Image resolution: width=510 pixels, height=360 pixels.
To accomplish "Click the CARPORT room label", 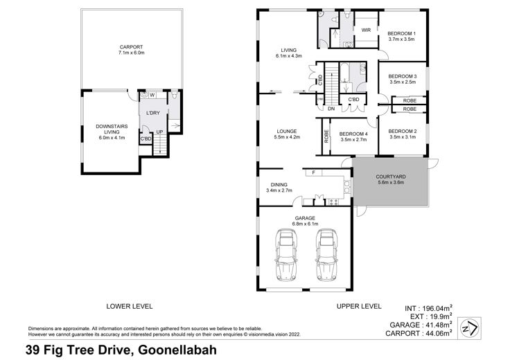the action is coord(131,47).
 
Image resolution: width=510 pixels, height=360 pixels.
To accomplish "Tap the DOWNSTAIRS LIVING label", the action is coord(112,129).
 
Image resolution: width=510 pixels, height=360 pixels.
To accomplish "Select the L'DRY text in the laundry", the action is coord(153,113).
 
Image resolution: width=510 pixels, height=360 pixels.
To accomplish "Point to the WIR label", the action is coord(366,30).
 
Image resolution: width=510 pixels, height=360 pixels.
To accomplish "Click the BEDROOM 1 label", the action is coord(401,33).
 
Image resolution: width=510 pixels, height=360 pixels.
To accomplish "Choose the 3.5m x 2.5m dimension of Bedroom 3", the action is coord(403,82).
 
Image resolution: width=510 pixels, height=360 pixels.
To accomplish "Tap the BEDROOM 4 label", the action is coord(353,134).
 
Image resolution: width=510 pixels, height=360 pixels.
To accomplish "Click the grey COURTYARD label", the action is coord(391,177).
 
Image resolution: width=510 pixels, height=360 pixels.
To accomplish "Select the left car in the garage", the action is coord(286,255).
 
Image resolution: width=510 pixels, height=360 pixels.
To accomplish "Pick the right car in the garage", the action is coord(326,255).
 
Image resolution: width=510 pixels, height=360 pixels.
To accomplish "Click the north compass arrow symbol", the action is coord(470,328).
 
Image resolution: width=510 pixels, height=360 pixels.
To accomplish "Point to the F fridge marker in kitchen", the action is coord(313,172).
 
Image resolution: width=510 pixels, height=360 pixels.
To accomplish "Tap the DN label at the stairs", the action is coord(331,109).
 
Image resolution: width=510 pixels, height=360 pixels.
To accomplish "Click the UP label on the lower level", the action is coord(159,132).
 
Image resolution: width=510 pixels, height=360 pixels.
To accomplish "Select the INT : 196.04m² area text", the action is coord(429,308).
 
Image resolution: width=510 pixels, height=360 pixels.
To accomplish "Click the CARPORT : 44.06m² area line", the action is coord(419,333).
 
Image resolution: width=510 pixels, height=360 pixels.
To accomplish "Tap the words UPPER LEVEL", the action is coord(359,306).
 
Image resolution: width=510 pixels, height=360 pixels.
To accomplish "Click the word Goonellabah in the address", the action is coord(177,350).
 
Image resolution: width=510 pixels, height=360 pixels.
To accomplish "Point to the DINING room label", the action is coord(279,185).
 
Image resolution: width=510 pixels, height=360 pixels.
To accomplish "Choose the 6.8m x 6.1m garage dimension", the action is coord(305,224).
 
